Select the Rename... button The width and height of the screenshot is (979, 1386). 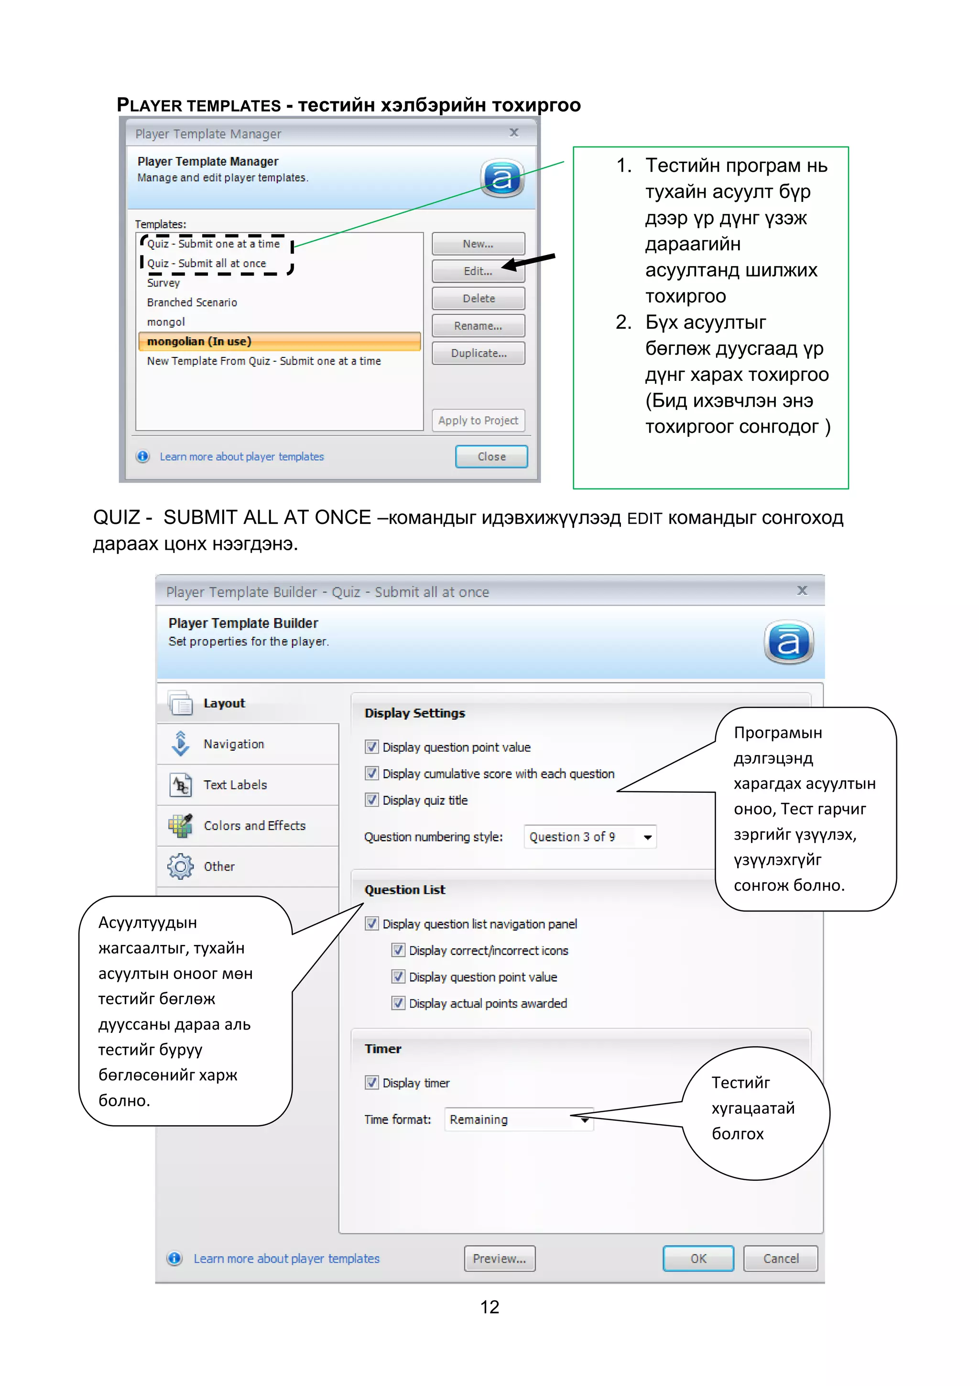click(x=478, y=326)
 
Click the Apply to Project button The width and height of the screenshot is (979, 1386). click(x=478, y=420)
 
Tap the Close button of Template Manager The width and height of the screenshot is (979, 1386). click(x=491, y=456)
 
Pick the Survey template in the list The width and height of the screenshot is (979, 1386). click(x=163, y=283)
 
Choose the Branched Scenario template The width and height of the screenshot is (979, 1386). click(x=192, y=302)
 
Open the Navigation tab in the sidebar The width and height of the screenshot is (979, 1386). click(x=233, y=743)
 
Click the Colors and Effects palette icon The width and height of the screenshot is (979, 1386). click(x=180, y=825)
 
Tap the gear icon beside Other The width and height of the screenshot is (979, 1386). click(x=180, y=866)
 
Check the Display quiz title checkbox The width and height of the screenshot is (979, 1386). click(x=371, y=800)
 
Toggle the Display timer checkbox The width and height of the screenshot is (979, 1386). click(x=371, y=1082)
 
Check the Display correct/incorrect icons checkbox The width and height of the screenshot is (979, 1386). click(x=398, y=950)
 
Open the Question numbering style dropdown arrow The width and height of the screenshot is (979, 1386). click(x=647, y=837)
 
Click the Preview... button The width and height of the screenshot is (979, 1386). click(x=500, y=1258)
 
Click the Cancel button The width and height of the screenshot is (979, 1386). click(x=781, y=1258)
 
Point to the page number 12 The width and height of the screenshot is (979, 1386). click(x=489, y=1306)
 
